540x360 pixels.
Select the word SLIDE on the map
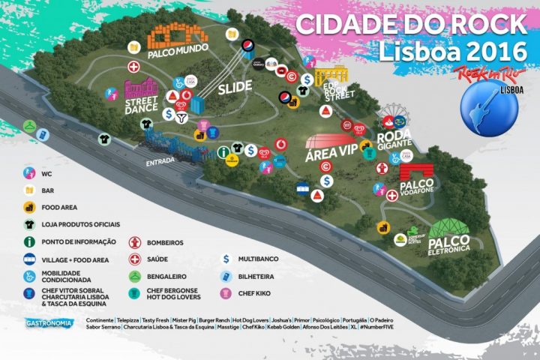coord(235,88)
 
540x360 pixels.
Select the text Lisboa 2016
coord(441,51)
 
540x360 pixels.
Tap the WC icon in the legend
coord(28,172)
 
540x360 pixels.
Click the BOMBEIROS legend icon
coord(136,242)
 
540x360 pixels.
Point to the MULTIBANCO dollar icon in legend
coord(225,259)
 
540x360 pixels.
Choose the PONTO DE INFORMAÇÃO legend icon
coord(28,241)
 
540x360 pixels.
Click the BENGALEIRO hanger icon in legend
coord(136,276)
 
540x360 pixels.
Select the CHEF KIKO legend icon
coord(225,293)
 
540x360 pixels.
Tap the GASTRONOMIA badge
coord(48,323)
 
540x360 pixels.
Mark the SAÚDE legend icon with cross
coord(136,259)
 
